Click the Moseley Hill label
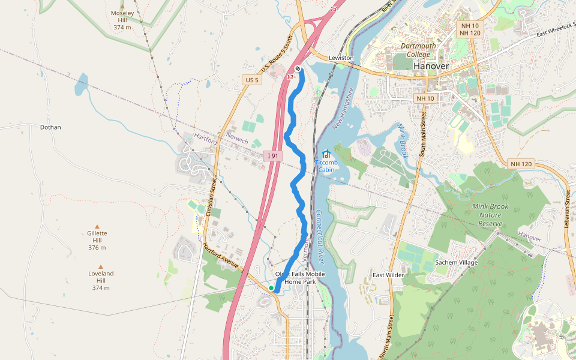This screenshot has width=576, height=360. click(x=122, y=20)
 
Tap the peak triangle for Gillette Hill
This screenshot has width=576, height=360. click(x=97, y=226)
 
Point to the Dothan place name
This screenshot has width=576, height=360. click(x=50, y=127)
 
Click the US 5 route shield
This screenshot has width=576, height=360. click(x=252, y=80)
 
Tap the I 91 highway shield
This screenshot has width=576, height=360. click(x=273, y=156)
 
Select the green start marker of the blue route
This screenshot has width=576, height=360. click(x=271, y=289)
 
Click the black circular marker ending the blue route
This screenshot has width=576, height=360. click(x=298, y=68)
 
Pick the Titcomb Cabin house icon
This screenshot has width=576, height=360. click(x=326, y=154)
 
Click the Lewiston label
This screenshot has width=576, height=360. click(x=341, y=58)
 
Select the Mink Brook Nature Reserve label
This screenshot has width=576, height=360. click(x=490, y=215)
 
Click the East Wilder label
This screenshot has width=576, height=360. click(x=387, y=275)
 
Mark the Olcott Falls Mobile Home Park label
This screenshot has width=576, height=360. click(x=300, y=278)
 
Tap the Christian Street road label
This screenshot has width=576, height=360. click(x=211, y=196)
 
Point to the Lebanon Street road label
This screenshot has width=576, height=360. click(x=568, y=206)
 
